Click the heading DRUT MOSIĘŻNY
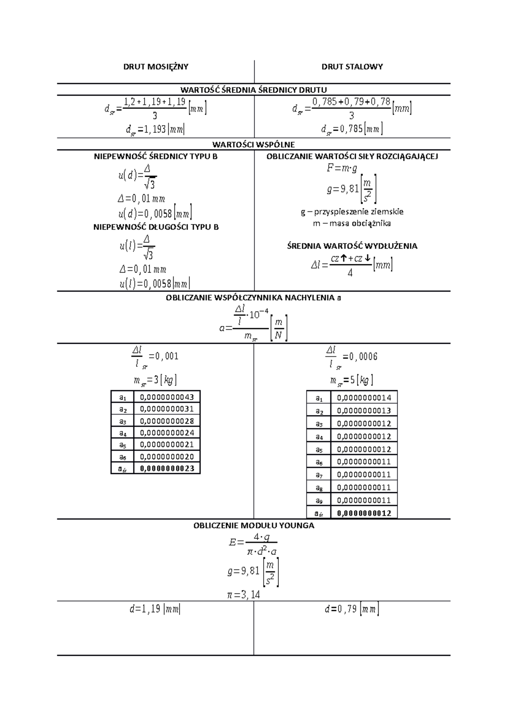coord(155,66)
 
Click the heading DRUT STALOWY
coord(352,66)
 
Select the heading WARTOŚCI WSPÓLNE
coord(253,144)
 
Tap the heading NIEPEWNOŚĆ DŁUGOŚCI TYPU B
coord(156,227)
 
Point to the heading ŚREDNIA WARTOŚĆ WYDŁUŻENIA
coord(352,246)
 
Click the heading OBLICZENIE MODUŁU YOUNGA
coord(253,526)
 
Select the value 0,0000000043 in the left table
coord(167,397)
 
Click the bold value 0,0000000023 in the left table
coord(167,468)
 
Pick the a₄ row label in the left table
coord(123,433)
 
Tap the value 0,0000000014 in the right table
coord(364,397)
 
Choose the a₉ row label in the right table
coord(319,500)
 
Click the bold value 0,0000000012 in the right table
coord(364,513)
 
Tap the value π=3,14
coord(244,595)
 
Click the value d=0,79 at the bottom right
coord(352,609)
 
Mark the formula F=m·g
coord(342,168)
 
